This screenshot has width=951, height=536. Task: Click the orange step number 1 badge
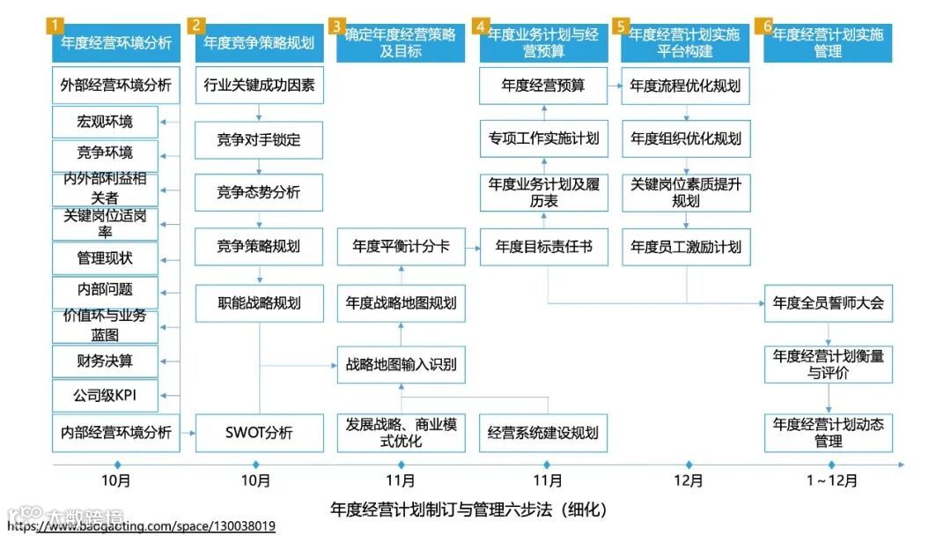point(57,26)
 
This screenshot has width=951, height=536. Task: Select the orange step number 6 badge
point(768,26)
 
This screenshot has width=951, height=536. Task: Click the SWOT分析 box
point(259,433)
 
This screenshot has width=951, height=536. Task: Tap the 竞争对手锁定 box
point(259,139)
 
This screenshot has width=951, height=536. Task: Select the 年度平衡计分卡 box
point(401,246)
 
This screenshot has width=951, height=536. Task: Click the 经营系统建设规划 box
point(543,433)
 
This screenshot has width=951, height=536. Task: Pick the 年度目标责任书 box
point(543,247)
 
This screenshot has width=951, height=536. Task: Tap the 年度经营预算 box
point(543,86)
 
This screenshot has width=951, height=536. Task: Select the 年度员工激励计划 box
point(686,247)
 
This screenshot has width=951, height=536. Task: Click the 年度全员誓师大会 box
point(828,303)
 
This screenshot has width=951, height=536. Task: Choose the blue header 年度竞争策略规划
point(259,42)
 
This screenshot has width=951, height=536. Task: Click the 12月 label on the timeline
point(689,481)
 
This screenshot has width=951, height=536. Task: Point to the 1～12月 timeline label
point(831,481)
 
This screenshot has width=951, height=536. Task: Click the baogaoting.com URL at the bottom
point(141,526)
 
